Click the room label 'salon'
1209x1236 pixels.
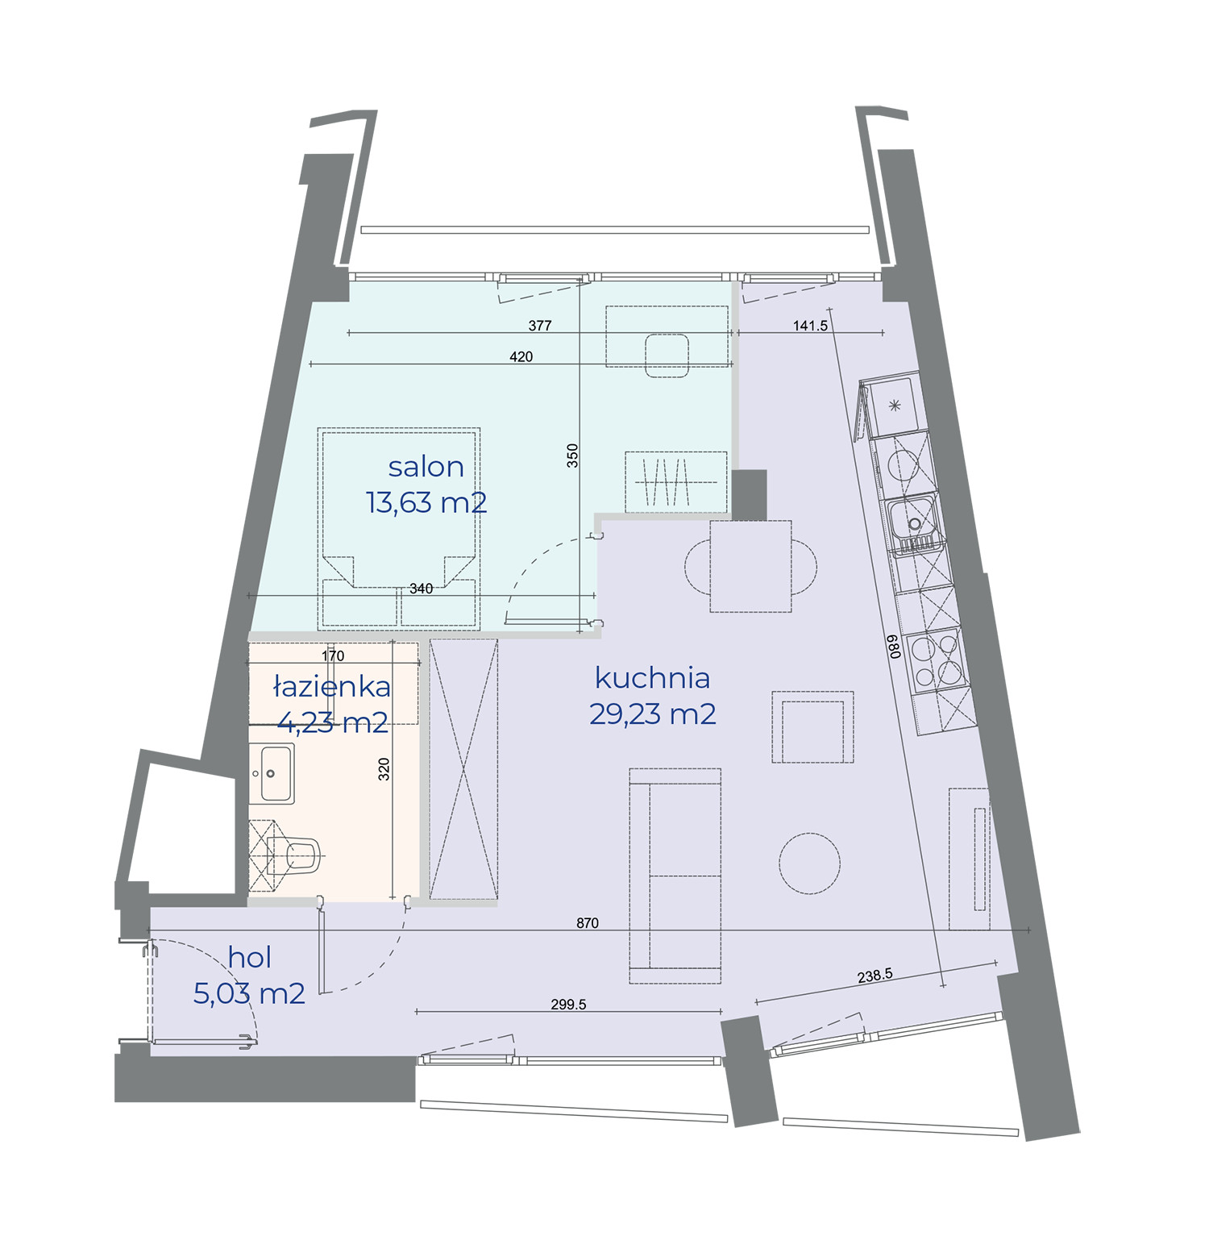pyautogui.click(x=426, y=467)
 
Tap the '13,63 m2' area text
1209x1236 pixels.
pyautogui.click(x=426, y=502)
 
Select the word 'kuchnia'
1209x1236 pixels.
pyautogui.click(x=652, y=678)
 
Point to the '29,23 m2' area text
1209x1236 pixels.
pyautogui.click(x=652, y=714)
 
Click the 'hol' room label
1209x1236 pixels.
pyautogui.click(x=249, y=957)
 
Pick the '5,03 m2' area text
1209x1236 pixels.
pyautogui.click(x=249, y=993)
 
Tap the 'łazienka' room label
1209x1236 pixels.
pyautogui.click(x=332, y=687)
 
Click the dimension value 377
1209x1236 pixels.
pyautogui.click(x=540, y=326)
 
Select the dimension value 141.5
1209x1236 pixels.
pyautogui.click(x=810, y=326)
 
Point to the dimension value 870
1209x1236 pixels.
pyautogui.click(x=588, y=923)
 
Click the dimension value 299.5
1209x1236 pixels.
pyautogui.click(x=568, y=1005)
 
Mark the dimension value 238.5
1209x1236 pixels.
pyautogui.click(x=875, y=976)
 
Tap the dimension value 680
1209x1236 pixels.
pyautogui.click(x=893, y=647)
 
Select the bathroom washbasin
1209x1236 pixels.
pyautogui.click(x=272, y=774)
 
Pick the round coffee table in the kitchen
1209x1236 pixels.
pyautogui.click(x=809, y=863)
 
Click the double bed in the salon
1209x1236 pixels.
pyautogui.click(x=399, y=528)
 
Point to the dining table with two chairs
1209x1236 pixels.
pyautogui.click(x=750, y=566)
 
